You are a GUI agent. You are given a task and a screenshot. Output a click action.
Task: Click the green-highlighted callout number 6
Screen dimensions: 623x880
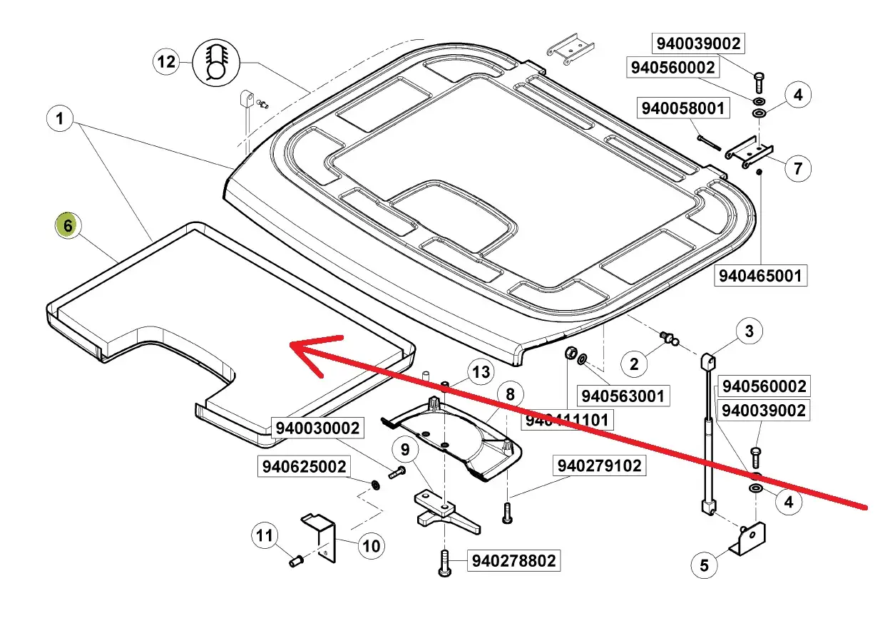[68, 226]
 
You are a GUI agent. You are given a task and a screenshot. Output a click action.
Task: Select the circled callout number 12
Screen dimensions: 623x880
[166, 62]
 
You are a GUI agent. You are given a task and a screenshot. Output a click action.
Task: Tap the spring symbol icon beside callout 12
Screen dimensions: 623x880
[215, 62]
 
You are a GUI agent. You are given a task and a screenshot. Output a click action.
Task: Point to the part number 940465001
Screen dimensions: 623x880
[761, 275]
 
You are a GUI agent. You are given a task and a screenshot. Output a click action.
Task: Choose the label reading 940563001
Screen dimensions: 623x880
[625, 396]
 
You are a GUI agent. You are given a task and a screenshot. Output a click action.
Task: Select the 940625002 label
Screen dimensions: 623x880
[304, 467]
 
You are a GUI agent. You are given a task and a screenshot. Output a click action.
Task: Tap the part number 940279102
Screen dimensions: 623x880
[599, 466]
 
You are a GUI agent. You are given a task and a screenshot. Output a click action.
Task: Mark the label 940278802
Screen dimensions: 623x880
[512, 561]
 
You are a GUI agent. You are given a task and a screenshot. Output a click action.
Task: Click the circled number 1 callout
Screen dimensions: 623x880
[60, 119]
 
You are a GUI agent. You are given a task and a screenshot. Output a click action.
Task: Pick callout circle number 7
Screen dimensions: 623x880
[798, 168]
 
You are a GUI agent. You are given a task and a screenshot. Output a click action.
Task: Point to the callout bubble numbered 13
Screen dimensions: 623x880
[481, 371]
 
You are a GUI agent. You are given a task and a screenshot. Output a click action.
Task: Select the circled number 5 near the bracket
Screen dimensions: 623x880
[704, 565]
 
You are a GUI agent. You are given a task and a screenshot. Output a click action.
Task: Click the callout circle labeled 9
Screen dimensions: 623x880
[405, 450]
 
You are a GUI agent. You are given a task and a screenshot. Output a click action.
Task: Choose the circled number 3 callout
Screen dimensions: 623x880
[749, 331]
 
